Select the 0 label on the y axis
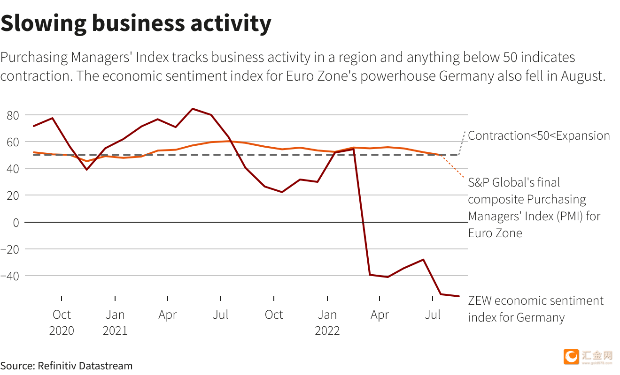click(x=16, y=222)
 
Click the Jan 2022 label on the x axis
click(x=327, y=322)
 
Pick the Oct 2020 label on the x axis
click(x=62, y=322)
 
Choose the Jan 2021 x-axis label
click(x=115, y=322)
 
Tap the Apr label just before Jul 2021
click(x=168, y=315)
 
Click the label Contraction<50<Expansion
click(x=539, y=136)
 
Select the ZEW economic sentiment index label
click(x=535, y=309)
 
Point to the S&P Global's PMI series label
click(x=534, y=207)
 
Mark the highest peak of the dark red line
click(x=193, y=109)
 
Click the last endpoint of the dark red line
click(x=459, y=296)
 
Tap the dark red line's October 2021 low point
click(x=282, y=192)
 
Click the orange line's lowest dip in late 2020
click(x=86, y=161)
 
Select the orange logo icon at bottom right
click(x=572, y=357)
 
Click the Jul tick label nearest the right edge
click(x=433, y=315)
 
